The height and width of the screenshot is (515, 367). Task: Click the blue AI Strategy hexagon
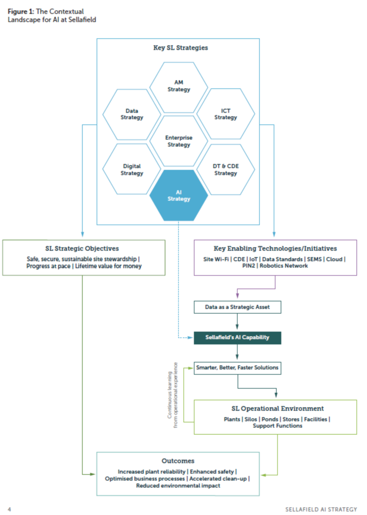179,195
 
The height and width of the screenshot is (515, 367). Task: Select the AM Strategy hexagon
179,86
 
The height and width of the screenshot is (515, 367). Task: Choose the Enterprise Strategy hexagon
179,141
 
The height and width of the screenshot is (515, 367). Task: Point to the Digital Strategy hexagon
132,169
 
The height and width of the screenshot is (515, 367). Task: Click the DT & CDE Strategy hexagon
225,169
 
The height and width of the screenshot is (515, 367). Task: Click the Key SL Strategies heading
177,48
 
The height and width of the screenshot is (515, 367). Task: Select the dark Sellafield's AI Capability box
237,338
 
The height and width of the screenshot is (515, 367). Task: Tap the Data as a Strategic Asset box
237,307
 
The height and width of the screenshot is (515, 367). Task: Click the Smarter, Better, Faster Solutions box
237,368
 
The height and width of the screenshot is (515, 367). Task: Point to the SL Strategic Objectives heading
84,249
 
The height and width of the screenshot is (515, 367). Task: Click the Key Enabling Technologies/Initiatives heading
275,249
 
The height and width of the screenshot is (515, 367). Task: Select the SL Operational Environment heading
275,409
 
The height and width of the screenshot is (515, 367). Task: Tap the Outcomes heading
177,460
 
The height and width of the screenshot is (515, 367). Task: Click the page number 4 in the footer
9,509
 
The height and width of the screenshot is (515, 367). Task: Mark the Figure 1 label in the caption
20,12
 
